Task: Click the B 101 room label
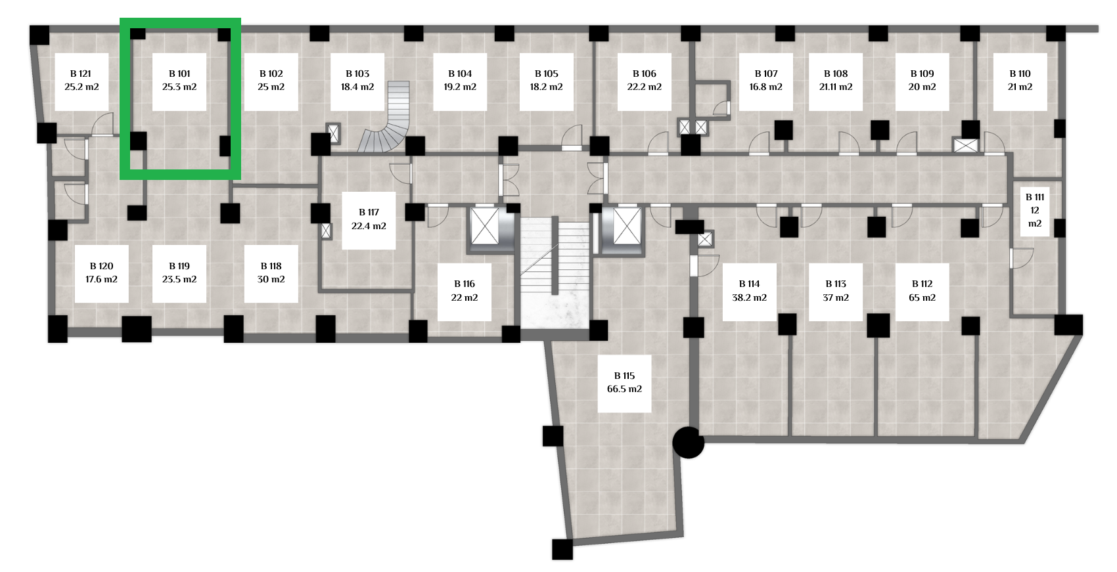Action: (x=179, y=81)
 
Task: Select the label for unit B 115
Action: (x=624, y=383)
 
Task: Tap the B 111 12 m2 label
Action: (x=1035, y=210)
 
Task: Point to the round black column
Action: (x=688, y=442)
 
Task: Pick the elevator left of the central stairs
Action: (x=485, y=227)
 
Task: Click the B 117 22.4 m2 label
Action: (x=369, y=219)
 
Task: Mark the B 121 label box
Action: (x=81, y=81)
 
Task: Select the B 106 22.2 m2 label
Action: (x=644, y=81)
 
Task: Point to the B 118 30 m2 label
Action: (x=271, y=273)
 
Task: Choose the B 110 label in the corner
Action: (x=1020, y=81)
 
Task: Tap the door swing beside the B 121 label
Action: (x=102, y=125)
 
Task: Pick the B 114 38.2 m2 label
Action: (x=749, y=291)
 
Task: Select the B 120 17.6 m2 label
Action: (x=101, y=273)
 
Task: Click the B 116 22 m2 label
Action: (x=464, y=291)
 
